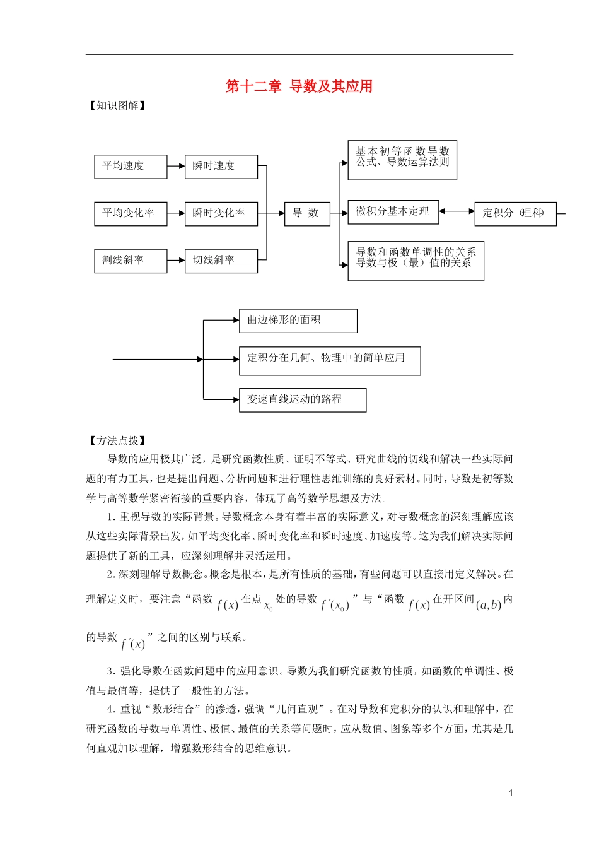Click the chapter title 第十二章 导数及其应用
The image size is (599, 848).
(299, 86)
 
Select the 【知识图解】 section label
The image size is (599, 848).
(117, 105)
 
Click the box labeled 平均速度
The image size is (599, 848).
(131, 167)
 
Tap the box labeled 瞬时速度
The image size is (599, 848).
(221, 167)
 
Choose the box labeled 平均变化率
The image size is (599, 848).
(131, 213)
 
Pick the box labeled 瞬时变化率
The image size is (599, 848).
(221, 213)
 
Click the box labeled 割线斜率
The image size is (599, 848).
(131, 261)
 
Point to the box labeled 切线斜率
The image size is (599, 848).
(221, 261)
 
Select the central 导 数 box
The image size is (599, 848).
(307, 213)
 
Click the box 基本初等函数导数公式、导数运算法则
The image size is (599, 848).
(402, 160)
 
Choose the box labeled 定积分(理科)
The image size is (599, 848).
(515, 213)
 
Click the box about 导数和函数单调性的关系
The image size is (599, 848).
(416, 261)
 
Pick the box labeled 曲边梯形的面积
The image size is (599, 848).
(298, 321)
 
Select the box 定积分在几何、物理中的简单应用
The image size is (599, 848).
(329, 360)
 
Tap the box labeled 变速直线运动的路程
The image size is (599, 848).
(303, 400)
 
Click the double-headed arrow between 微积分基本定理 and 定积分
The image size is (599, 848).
(457, 212)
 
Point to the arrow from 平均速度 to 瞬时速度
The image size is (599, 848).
(176, 167)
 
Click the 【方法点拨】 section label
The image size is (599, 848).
(117, 441)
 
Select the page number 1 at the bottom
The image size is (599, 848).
(510, 792)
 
